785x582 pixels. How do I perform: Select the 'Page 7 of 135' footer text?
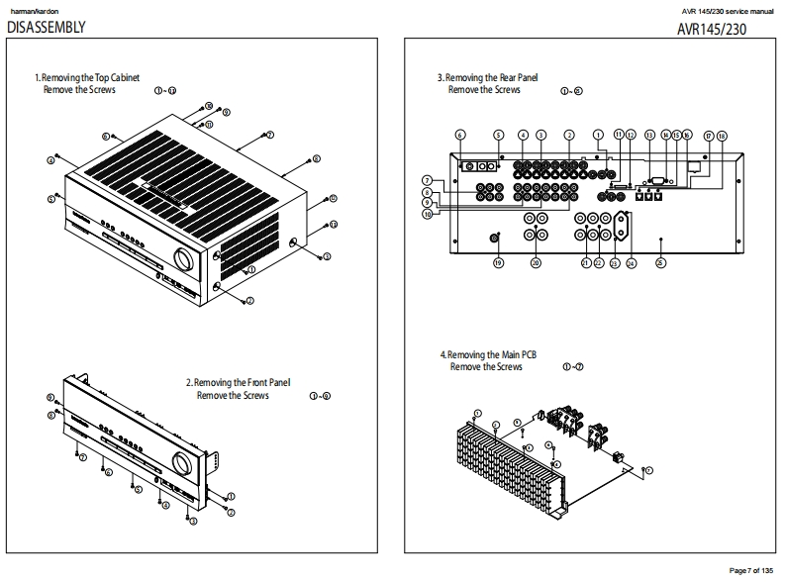coord(752,570)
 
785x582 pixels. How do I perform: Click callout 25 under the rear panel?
coord(661,263)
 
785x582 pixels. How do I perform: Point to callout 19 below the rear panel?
coord(498,263)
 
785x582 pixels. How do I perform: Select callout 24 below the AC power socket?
coord(632,263)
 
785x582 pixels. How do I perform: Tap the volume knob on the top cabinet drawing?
coord(183,259)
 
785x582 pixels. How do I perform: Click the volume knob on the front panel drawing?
coord(182,462)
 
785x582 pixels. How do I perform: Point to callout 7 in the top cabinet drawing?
coord(270,134)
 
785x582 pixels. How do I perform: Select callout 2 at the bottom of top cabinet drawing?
coord(249,300)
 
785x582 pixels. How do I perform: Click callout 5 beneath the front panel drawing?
coord(139,490)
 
